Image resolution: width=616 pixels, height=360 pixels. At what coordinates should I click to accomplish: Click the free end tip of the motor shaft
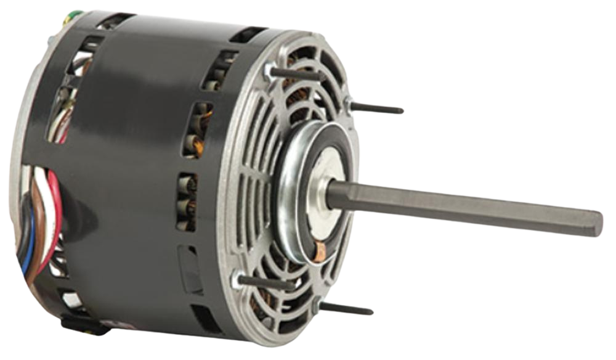(599, 224)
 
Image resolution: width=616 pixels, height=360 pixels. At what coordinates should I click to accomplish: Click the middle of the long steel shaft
(462, 207)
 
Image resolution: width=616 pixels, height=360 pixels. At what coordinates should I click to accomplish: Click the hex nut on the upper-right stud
(349, 104)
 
